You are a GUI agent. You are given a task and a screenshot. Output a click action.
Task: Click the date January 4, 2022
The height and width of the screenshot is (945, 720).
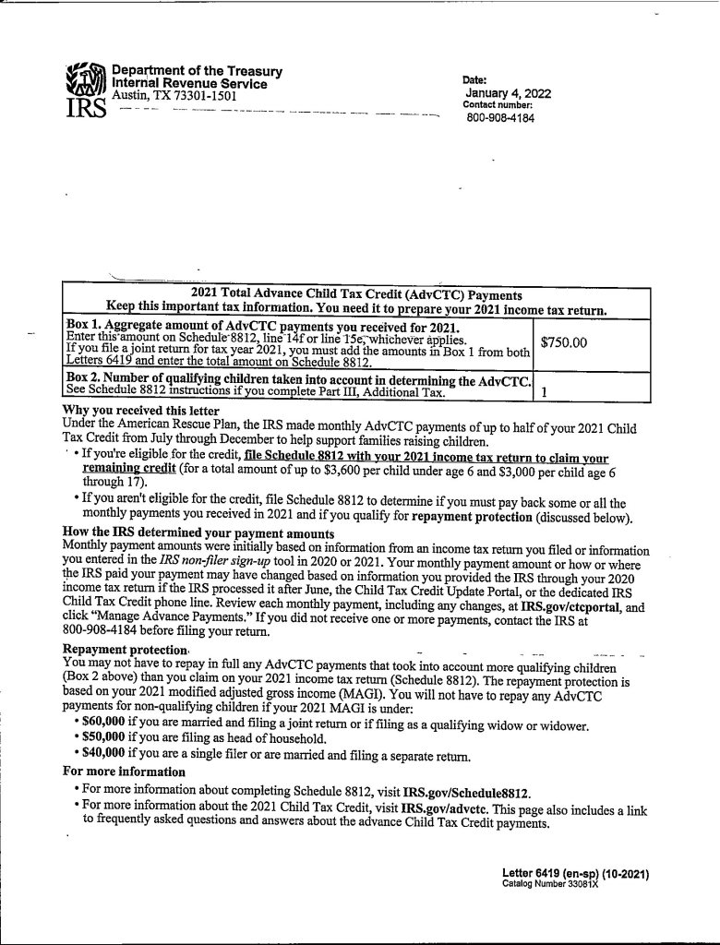508,92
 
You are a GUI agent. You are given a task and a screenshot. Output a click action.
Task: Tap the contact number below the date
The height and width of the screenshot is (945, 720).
499,118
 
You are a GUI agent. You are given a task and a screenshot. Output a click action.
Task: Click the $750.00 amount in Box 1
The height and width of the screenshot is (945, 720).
563,343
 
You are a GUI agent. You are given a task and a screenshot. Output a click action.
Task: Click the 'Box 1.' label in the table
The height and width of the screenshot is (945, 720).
83,327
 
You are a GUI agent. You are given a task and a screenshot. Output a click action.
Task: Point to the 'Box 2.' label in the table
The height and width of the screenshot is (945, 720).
83,380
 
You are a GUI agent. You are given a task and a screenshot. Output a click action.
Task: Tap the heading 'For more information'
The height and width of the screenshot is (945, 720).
124,771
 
